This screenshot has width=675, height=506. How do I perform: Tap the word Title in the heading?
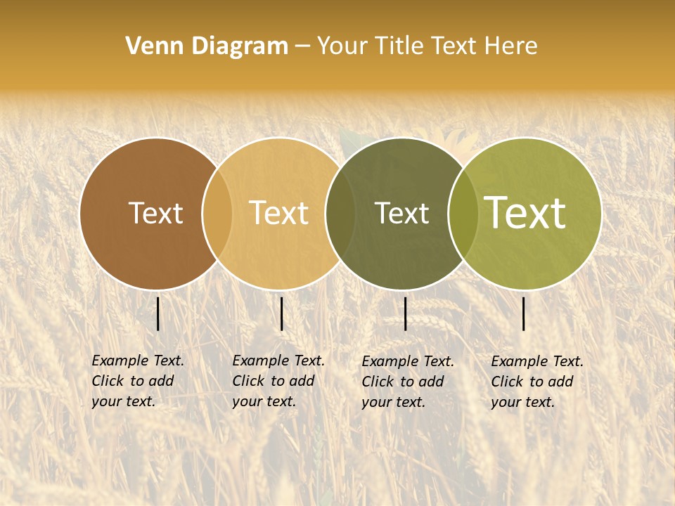pyautogui.click(x=400, y=46)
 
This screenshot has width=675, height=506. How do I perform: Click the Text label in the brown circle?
pyautogui.click(x=156, y=214)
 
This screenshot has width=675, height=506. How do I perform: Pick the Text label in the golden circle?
pyautogui.click(x=279, y=214)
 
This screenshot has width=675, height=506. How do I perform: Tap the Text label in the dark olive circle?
pyautogui.click(x=401, y=214)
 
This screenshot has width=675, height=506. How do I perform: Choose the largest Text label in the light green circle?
pyautogui.click(x=525, y=213)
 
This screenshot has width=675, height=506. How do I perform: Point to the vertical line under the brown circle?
pyautogui.click(x=158, y=313)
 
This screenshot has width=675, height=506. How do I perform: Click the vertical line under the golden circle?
pyautogui.click(x=281, y=313)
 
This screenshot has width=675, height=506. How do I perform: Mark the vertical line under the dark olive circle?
pyautogui.click(x=405, y=313)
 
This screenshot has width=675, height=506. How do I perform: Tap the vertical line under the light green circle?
pyautogui.click(x=524, y=313)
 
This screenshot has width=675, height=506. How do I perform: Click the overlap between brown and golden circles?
pyautogui.click(x=217, y=214)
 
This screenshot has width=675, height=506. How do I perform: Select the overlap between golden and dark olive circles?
pyautogui.click(x=340, y=214)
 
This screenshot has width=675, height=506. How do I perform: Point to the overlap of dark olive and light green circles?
pyautogui.click(x=463, y=214)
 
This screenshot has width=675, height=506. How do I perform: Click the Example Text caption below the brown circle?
pyautogui.click(x=138, y=381)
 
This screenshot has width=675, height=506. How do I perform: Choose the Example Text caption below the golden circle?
pyautogui.click(x=278, y=381)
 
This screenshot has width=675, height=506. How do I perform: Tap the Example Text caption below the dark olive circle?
pyautogui.click(x=408, y=382)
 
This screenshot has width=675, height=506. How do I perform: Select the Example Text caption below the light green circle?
pyautogui.click(x=537, y=382)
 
